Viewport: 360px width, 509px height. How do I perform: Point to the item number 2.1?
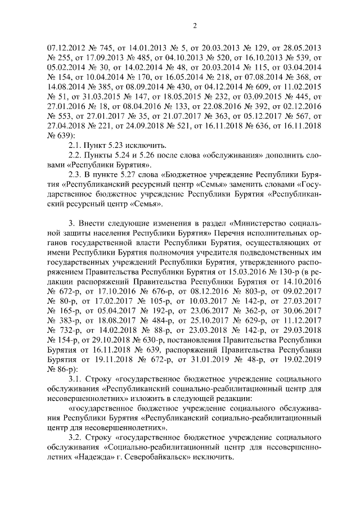pyautogui.click(x=74, y=145)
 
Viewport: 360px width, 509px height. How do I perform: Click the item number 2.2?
pyautogui.click(x=74, y=154)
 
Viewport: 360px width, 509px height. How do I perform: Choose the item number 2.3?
pyautogui.click(x=74, y=174)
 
